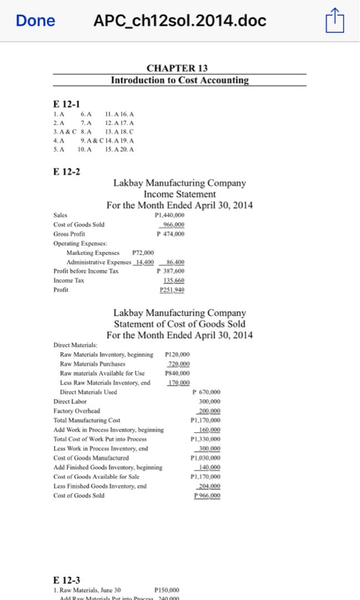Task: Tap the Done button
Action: pyautogui.click(x=36, y=21)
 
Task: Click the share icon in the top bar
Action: pyautogui.click(x=335, y=21)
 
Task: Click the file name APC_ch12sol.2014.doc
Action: pyautogui.click(x=180, y=21)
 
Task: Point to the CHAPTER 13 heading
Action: pyautogui.click(x=177, y=68)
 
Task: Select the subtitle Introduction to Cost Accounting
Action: pyautogui.click(x=179, y=80)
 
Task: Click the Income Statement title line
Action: pyautogui.click(x=179, y=194)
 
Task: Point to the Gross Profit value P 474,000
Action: pyautogui.click(x=172, y=234)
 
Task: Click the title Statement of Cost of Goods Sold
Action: pyautogui.click(x=179, y=324)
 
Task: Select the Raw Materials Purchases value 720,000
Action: pyautogui.click(x=178, y=364)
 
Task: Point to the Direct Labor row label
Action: pyautogui.click(x=70, y=402)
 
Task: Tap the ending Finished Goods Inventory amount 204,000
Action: pyautogui.click(x=209, y=487)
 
